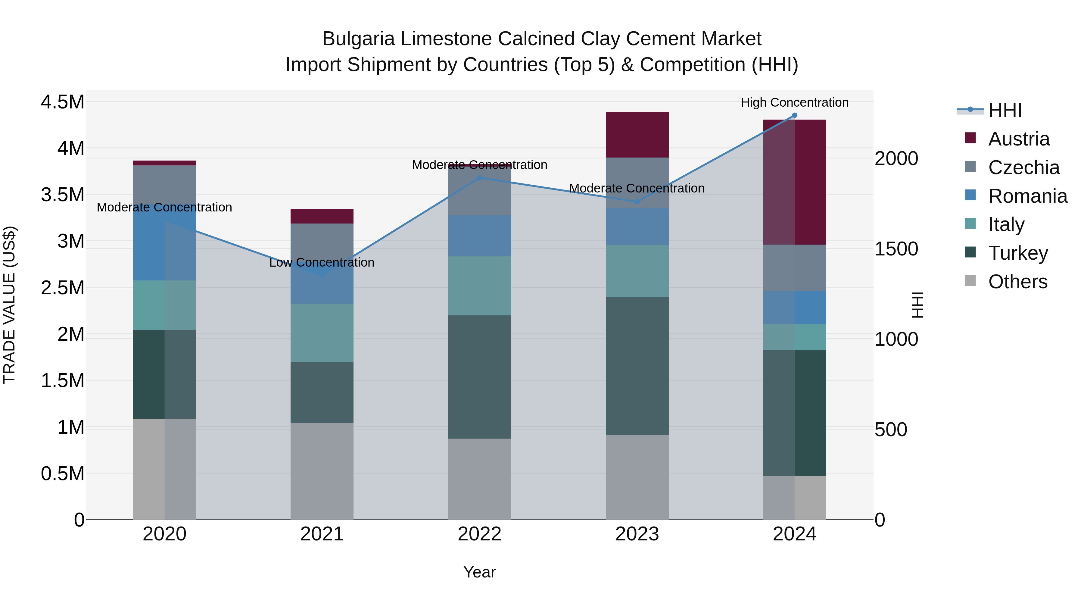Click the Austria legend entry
click(x=1018, y=139)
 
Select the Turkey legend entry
click(x=1017, y=253)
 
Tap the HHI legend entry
click(x=1005, y=110)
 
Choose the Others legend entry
click(x=1017, y=282)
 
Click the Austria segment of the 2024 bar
click(x=795, y=182)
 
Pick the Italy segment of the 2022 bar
click(x=479, y=286)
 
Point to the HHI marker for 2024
click(x=795, y=115)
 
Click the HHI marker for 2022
click(x=479, y=178)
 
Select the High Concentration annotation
click(x=795, y=102)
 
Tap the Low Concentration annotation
click(x=322, y=262)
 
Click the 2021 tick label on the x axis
click(x=322, y=534)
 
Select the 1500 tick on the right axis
click(x=896, y=249)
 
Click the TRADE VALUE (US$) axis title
click(x=9, y=305)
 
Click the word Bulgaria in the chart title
click(x=359, y=39)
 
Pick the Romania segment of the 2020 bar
click(x=164, y=249)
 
